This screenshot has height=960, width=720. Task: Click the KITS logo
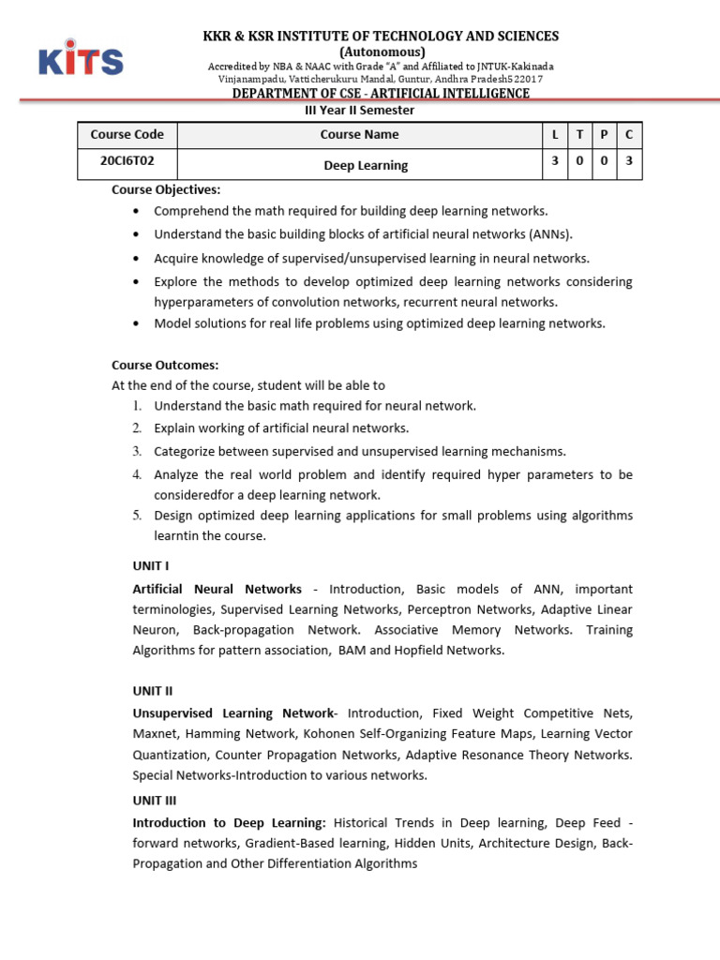81,57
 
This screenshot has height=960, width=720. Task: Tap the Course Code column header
127,134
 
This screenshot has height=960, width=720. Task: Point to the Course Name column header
359,134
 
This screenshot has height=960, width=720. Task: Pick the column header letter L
555,135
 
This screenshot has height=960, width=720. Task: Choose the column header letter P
605,135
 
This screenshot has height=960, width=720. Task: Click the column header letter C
629,135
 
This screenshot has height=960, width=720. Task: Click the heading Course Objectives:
166,189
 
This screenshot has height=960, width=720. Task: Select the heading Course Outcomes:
165,365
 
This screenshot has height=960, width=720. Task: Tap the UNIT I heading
150,566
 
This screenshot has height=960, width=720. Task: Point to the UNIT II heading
153,691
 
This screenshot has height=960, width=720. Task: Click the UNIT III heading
155,801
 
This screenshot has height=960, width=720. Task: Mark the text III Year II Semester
361,110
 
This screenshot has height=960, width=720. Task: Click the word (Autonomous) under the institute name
382,52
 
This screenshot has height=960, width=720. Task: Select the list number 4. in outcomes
137,474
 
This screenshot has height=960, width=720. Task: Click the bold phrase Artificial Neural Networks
217,589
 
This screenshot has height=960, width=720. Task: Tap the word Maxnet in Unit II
154,733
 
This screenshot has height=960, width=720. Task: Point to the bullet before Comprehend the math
138,212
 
